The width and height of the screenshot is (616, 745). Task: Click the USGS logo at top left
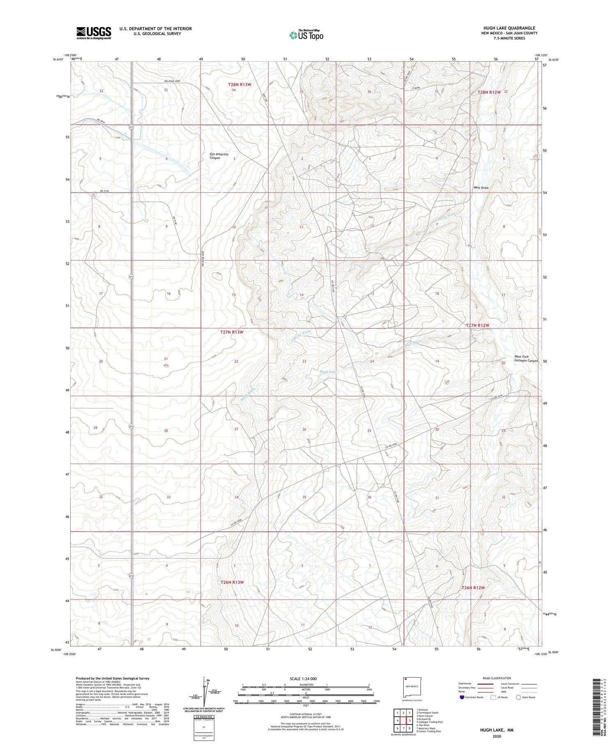point(94,33)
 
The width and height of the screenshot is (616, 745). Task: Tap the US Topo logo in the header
point(306,35)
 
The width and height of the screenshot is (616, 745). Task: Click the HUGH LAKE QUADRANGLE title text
point(509,28)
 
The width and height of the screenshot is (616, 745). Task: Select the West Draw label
point(481,187)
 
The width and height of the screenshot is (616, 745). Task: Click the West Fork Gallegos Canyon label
point(526,359)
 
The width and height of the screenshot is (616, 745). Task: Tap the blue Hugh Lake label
point(328,371)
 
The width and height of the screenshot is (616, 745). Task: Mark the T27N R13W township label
point(232,332)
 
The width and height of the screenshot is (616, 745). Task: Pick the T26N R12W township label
point(473,588)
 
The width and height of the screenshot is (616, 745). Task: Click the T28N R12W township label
point(489,92)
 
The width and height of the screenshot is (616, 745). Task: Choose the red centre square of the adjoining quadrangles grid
point(404,720)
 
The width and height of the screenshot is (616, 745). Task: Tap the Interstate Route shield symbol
point(462,697)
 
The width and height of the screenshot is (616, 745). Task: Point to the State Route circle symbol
point(519,697)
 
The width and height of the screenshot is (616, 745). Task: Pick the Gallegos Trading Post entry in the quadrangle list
point(429,722)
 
